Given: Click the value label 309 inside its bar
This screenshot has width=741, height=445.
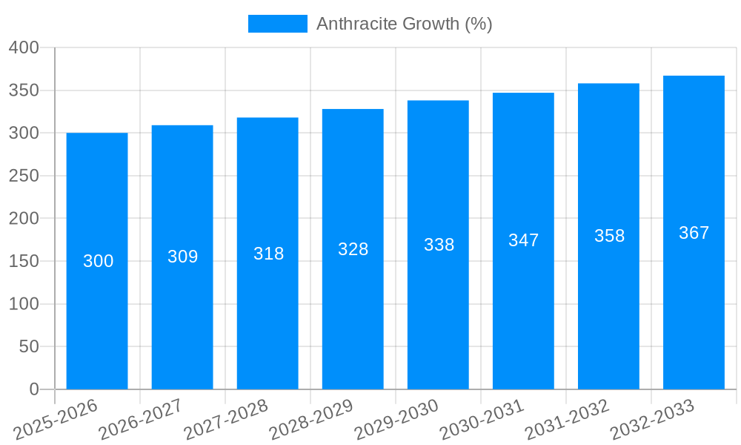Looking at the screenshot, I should pyautogui.click(x=182, y=257).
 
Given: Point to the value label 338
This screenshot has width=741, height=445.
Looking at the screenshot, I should pyautogui.click(x=439, y=245).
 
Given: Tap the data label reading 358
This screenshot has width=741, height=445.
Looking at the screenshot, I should pyautogui.click(x=609, y=236).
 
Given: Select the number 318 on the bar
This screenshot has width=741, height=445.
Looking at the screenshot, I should pyautogui.click(x=268, y=254).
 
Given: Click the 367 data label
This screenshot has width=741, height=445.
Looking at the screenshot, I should pyautogui.click(x=694, y=233).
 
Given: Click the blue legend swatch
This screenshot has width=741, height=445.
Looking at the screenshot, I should pyautogui.click(x=277, y=24).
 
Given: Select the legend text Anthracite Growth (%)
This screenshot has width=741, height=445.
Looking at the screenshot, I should pyautogui.click(x=404, y=24).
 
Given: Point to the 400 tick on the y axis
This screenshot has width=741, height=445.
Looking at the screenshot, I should pyautogui.click(x=24, y=47).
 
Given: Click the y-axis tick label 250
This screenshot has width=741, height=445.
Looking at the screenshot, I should pyautogui.click(x=24, y=176).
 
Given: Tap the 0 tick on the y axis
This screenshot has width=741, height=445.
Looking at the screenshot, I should pyautogui.click(x=33, y=389).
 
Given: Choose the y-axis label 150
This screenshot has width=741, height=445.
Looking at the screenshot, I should pyautogui.click(x=24, y=261).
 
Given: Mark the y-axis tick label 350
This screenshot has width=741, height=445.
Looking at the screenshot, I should pyautogui.click(x=24, y=90).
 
